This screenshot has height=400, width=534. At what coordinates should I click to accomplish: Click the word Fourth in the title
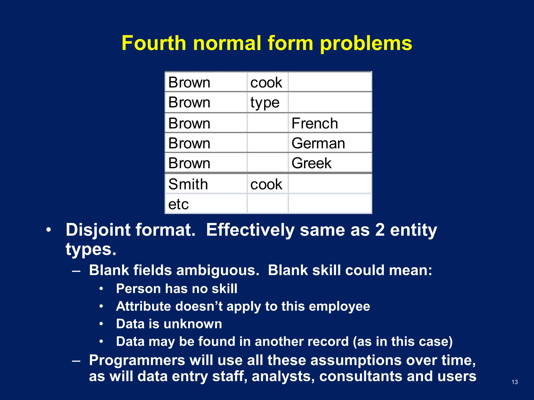click(154, 43)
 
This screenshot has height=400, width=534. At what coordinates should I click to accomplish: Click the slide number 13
click(514, 382)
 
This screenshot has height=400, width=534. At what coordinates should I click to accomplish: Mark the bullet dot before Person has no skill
click(101, 289)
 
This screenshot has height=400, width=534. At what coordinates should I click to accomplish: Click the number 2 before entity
click(380, 230)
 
